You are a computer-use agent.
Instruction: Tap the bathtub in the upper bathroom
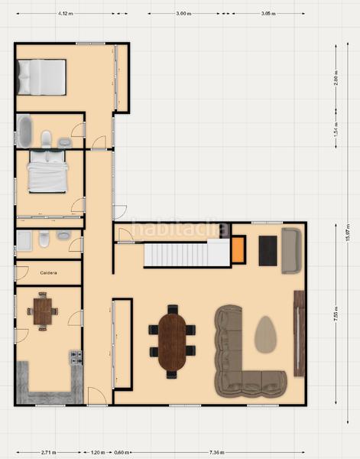point(24,131)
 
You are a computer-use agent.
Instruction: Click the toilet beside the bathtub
point(47,138)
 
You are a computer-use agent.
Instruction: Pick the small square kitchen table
point(42,311)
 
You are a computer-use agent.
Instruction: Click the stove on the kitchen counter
point(76,356)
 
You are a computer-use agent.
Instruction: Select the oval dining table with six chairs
point(173,341)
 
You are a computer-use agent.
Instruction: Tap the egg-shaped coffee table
point(265,334)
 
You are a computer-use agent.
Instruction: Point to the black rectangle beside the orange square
point(268,250)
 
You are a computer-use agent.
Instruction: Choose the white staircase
point(186,252)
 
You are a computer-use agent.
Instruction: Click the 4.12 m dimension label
point(64,14)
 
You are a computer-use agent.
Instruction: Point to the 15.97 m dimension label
point(347,230)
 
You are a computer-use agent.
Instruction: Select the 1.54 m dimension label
point(336,129)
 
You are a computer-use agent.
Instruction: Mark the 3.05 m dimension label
point(267,14)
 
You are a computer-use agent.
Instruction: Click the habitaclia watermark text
point(180,228)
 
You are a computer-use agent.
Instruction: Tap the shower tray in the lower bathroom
point(24,240)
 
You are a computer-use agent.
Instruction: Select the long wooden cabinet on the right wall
point(297,333)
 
